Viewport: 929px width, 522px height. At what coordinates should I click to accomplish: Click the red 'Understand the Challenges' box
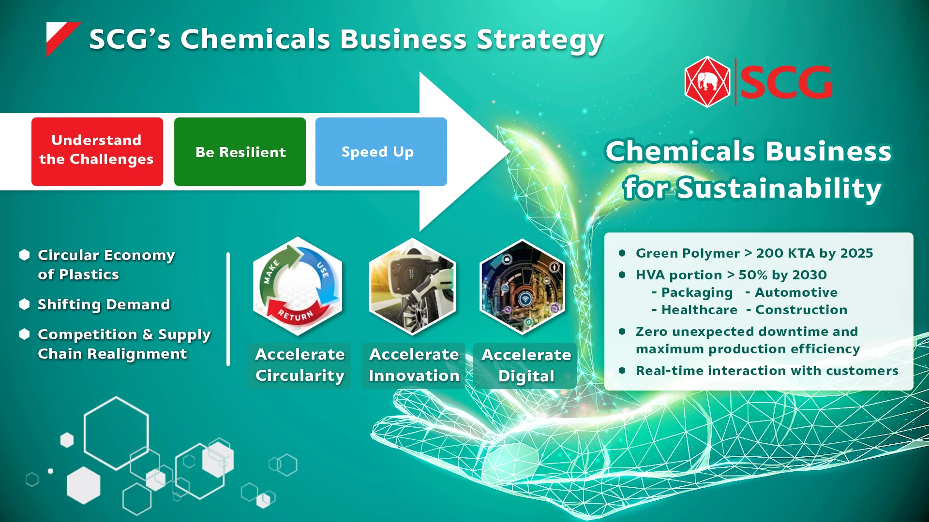97,152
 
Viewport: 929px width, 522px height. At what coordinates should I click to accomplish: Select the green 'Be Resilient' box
240,152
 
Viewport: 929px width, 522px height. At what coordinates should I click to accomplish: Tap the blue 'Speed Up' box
381,152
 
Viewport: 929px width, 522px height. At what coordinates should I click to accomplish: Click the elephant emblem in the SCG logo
707,82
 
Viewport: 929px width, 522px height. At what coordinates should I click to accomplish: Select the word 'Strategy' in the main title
540,40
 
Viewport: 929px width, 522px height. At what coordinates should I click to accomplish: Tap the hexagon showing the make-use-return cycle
298,286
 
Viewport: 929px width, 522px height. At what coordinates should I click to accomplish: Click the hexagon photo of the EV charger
412,286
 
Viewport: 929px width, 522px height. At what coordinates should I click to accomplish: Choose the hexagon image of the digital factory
523,287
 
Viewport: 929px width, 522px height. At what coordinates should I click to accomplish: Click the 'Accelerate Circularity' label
300,365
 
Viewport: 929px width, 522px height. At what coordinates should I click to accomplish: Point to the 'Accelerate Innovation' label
414,365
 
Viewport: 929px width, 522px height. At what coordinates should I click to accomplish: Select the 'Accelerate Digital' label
526,365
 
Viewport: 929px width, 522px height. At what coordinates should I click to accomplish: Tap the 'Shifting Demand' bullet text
104,304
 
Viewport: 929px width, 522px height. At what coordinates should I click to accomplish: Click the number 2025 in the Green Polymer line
856,253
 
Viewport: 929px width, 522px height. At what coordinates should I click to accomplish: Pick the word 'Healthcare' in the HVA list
699,310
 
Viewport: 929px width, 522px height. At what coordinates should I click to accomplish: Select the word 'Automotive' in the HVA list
796,292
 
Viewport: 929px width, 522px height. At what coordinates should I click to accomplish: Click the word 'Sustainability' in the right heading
779,188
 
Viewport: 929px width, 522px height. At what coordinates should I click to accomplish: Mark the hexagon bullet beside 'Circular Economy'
25,255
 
